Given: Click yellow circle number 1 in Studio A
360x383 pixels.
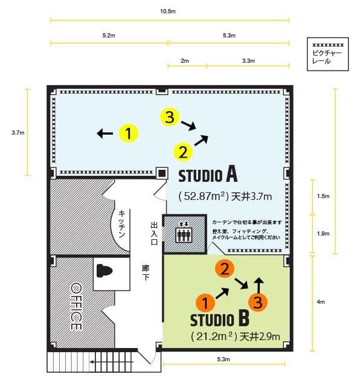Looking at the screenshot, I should tap(128, 133).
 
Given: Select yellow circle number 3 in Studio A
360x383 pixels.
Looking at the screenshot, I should tap(170, 118).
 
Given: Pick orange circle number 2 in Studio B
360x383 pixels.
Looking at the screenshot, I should tap(223, 269).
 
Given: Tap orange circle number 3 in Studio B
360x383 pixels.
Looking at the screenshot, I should tap(258, 301).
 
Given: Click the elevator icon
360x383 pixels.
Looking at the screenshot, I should tap(182, 233).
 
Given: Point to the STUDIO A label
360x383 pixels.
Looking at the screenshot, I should tap(207, 176).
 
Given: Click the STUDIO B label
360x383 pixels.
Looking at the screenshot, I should tap(219, 318).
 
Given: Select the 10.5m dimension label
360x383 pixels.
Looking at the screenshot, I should tap(169, 11).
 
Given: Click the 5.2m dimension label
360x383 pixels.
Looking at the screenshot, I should tap(109, 36).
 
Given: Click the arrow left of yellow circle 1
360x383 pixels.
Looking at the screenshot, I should tap(105, 134).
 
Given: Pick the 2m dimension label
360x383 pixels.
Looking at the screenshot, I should tap(184, 61).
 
